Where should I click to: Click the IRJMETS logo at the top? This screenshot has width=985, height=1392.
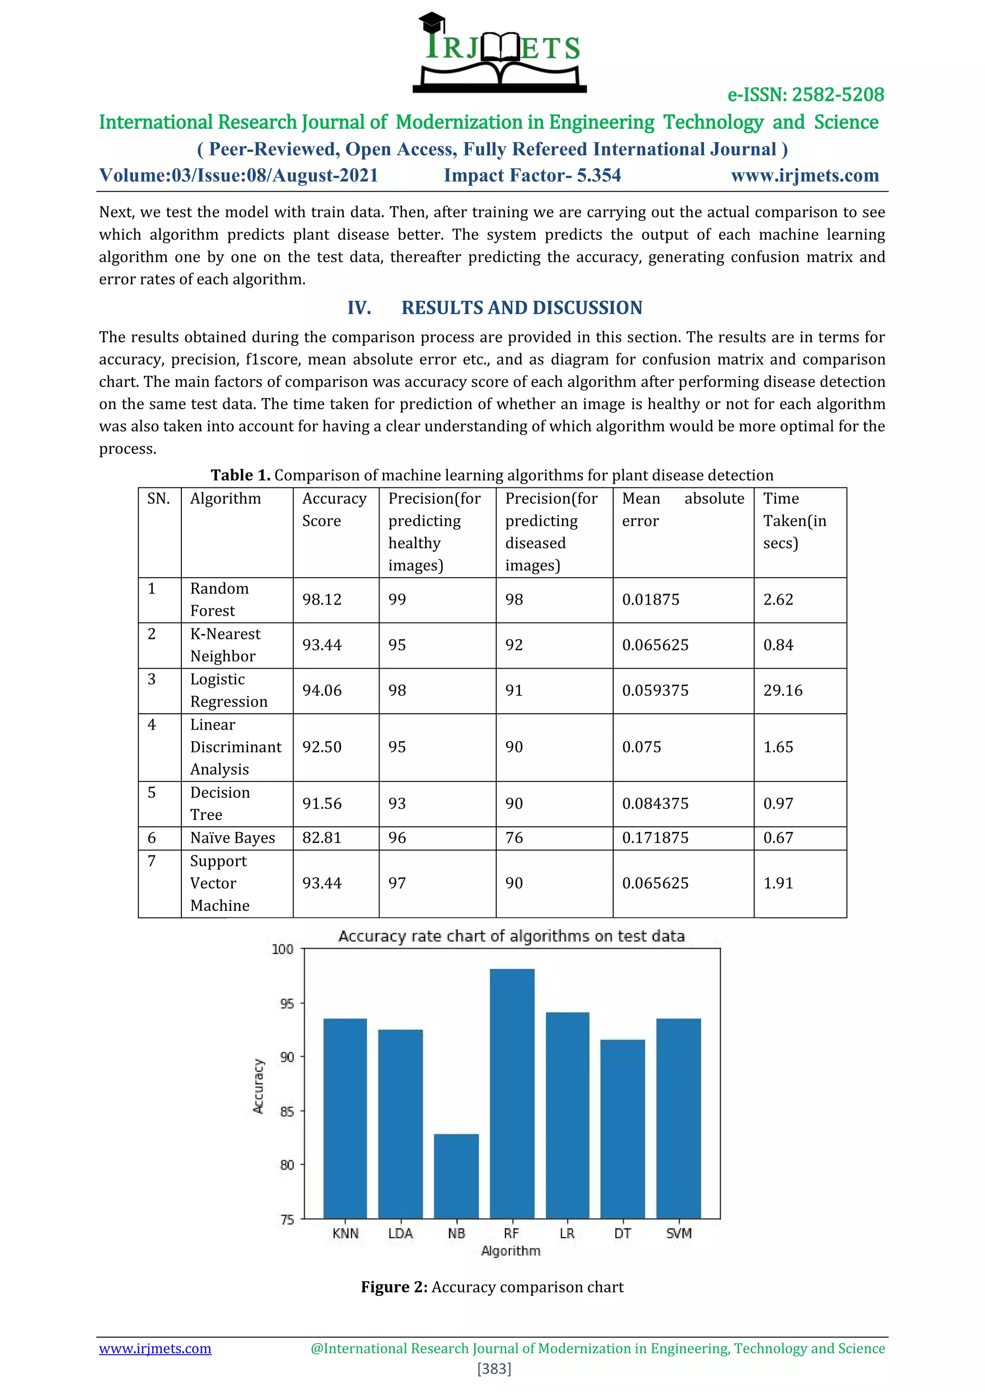[x=500, y=53]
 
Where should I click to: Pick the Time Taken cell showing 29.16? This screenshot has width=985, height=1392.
[x=783, y=691]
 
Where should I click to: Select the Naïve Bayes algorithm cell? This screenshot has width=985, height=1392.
[x=232, y=838]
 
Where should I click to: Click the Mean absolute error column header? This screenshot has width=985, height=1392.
[x=682, y=510]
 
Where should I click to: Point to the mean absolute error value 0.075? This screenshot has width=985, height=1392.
[x=641, y=747]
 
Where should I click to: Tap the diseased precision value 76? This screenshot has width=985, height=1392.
[x=514, y=838]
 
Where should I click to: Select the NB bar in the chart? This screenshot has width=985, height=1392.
[x=456, y=1176]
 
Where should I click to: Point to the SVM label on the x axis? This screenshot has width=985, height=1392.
[x=678, y=1233]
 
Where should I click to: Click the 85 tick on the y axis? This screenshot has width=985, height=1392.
[x=286, y=1111]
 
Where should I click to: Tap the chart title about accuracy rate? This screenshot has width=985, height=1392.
[x=511, y=936]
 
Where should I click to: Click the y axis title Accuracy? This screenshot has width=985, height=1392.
[x=258, y=1086]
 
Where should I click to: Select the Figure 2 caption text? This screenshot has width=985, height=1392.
[x=492, y=1287]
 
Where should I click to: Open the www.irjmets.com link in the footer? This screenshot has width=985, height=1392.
[x=155, y=1348]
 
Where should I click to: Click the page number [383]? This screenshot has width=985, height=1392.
[x=494, y=1368]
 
